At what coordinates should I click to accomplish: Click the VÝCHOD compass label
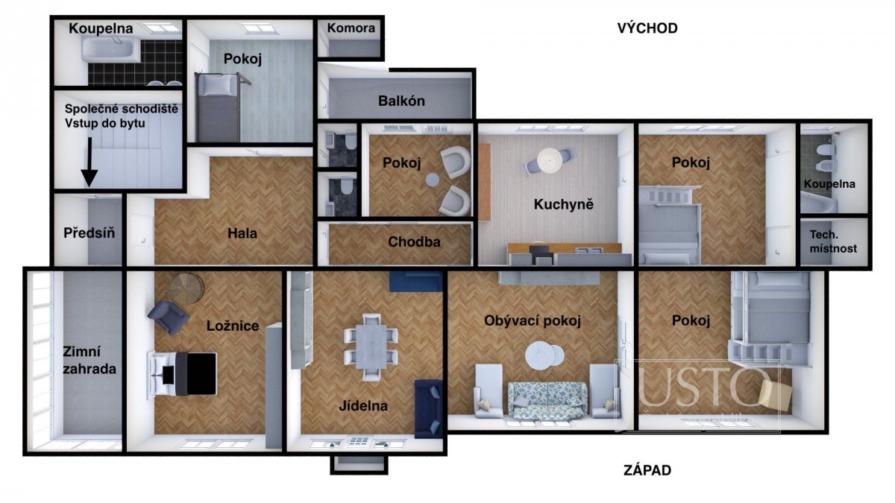647,28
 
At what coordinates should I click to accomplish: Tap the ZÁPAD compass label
647,470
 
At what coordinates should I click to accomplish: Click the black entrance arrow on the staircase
89,162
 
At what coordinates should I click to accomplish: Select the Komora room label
351,28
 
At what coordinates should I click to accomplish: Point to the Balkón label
401,101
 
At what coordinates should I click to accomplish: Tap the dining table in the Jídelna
371,346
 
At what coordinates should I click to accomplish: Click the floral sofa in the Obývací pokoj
547,400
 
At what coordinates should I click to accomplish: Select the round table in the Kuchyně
550,160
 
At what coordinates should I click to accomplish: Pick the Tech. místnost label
833,241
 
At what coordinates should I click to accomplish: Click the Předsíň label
89,232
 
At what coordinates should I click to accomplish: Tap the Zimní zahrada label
89,360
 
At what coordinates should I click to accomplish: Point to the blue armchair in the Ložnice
169,317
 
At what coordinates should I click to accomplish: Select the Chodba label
414,242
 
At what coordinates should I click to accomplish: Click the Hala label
242,233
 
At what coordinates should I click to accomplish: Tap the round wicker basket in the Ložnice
187,287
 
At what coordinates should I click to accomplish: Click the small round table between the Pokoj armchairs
432,180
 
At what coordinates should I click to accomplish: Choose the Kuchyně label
563,204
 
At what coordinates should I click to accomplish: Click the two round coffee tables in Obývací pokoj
544,355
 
